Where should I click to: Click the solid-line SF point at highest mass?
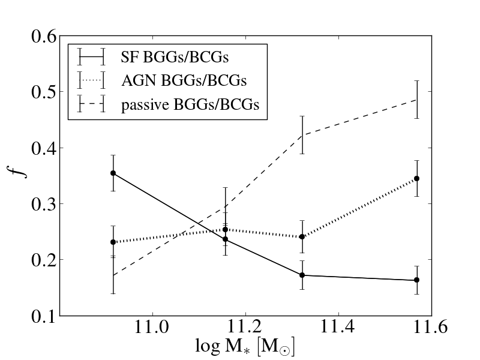tap(416, 280)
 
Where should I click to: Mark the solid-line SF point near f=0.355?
tap(113, 173)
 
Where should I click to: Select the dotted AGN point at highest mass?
tap(416, 178)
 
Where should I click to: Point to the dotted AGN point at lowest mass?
tap(113, 242)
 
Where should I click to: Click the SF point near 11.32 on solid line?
tap(302, 275)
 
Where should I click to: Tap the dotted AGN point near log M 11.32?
tap(302, 236)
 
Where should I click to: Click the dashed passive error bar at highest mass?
tap(416, 100)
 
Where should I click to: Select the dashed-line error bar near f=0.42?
tap(302, 135)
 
